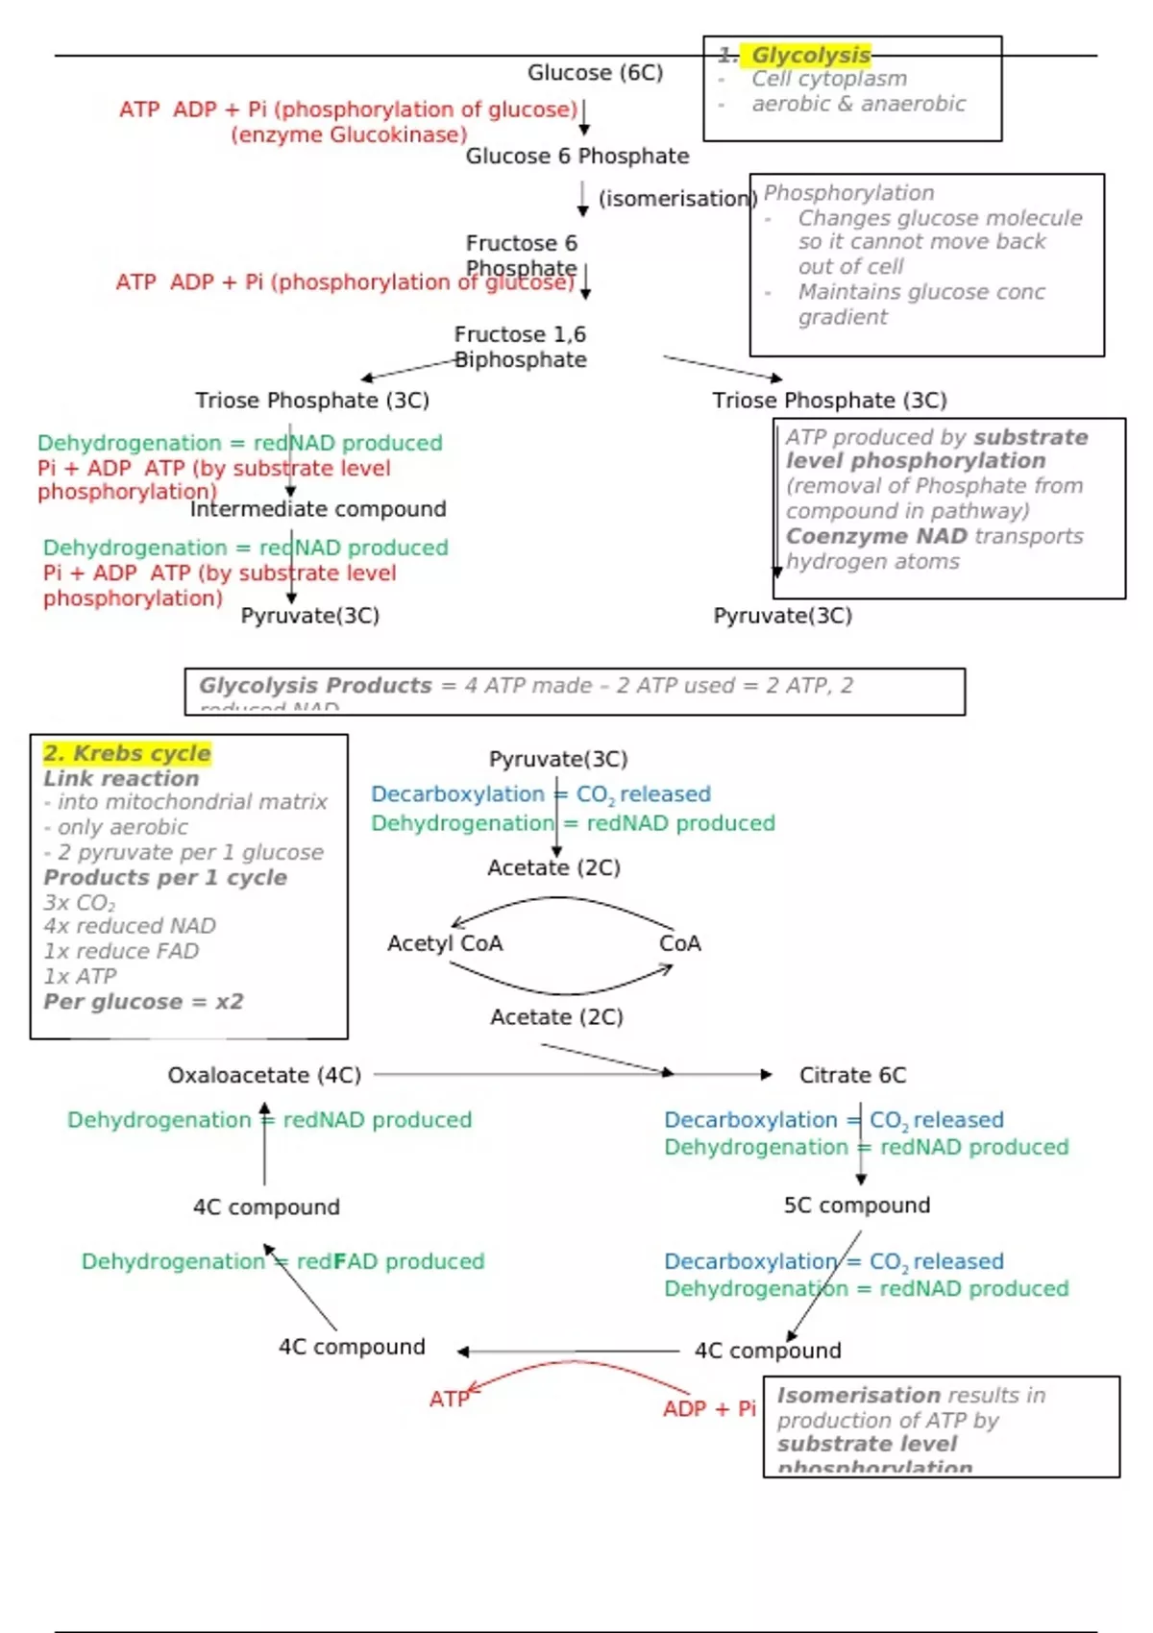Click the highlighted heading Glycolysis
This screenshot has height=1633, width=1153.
pos(810,55)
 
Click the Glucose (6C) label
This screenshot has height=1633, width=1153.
pos(595,73)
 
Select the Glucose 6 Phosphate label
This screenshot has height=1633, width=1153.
pos(576,156)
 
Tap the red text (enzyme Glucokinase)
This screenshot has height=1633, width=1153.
pos(348,134)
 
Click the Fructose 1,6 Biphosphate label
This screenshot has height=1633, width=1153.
pos(520,347)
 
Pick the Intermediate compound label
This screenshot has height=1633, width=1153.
pos(318,509)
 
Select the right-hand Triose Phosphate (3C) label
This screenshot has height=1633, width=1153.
pos(828,401)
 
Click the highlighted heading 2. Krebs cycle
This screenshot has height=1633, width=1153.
pos(127,753)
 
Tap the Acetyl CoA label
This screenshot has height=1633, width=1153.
pos(445,943)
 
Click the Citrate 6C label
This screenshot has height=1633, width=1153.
pos(852,1075)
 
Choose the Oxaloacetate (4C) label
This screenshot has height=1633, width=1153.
pos(264,1075)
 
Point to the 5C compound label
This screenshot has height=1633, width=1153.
pos(856,1206)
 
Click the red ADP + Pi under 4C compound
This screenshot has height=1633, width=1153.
pos(709,1409)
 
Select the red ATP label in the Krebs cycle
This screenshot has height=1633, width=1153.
pos(449,1400)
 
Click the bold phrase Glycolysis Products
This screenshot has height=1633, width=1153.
pos(315,686)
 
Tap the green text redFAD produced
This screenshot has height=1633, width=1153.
pos(390,1261)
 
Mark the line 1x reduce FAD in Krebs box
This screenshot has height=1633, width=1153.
pos(121,951)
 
